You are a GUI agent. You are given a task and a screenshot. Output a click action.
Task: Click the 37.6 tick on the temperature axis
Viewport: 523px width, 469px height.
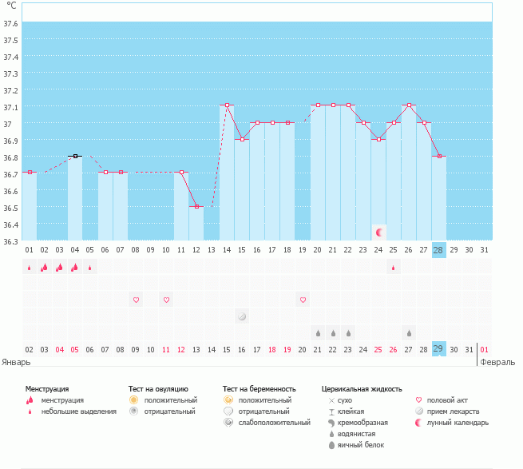[x=11, y=22]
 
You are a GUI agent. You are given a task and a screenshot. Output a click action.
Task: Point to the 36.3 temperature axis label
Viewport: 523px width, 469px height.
[x=11, y=241]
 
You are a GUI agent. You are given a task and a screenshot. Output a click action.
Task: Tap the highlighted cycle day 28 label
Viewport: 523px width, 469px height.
[x=438, y=250]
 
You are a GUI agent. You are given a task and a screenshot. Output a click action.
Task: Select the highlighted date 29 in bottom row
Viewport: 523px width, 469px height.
[x=438, y=349]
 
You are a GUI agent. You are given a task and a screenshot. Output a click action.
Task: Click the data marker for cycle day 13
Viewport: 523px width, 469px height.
[x=196, y=206]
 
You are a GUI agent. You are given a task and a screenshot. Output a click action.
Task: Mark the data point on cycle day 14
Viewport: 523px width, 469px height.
[x=227, y=105]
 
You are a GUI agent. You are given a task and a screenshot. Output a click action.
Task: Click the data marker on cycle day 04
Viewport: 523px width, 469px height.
[x=75, y=156]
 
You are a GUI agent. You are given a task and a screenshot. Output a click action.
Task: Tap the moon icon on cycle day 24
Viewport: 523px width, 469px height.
[x=379, y=232]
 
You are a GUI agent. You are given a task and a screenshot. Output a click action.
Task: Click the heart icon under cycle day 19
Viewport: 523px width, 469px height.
[x=303, y=300]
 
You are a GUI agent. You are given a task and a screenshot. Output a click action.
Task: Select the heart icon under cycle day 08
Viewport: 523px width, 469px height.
[x=136, y=300]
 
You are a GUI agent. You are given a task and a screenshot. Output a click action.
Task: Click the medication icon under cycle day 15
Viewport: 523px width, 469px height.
[x=242, y=316]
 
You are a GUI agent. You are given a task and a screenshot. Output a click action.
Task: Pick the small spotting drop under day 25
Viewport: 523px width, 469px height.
[x=394, y=268]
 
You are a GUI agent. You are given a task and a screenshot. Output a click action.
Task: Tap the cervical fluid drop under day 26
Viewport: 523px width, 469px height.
[x=409, y=332]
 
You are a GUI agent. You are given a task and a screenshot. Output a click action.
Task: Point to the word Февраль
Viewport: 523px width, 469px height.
[x=497, y=361]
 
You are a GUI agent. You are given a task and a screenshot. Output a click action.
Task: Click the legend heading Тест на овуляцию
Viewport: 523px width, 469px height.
[x=158, y=388]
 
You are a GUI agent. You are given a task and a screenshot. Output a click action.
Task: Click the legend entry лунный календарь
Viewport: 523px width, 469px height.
[x=458, y=422]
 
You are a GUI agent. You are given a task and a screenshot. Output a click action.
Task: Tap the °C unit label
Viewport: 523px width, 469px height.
[x=11, y=6]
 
